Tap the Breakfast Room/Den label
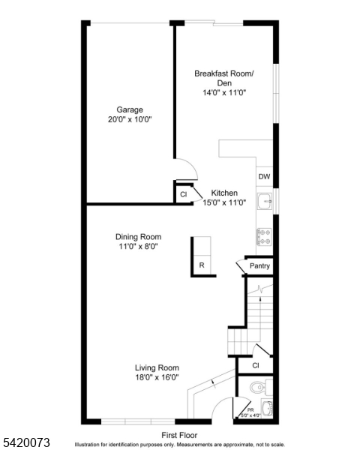click(x=224, y=73)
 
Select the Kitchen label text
click(x=224, y=192)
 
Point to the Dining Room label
click(x=138, y=236)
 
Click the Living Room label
click(x=157, y=367)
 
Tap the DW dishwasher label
click(x=264, y=177)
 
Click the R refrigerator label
click(x=202, y=265)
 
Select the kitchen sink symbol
click(x=264, y=201)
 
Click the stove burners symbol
click(x=264, y=237)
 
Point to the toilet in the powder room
click(x=256, y=388)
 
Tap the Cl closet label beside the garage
click(x=184, y=195)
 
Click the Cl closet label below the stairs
click(x=255, y=365)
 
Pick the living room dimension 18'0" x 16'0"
click(x=157, y=377)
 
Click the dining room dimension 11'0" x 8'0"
click(x=138, y=246)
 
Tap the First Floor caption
click(x=179, y=434)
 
